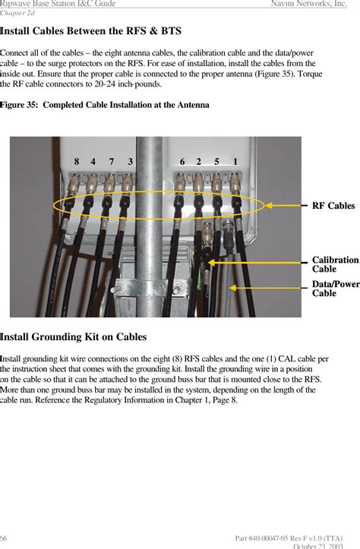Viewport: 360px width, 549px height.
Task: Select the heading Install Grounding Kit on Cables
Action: coord(74,336)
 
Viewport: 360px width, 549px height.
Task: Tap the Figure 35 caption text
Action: coord(105,104)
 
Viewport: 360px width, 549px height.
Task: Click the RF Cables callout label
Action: coord(333,206)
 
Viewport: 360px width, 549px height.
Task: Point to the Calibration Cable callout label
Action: coord(335,264)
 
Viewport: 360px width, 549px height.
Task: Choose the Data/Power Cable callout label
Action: coord(336,289)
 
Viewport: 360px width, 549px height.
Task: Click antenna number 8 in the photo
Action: coord(77,162)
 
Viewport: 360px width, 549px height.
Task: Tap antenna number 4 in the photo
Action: coord(93,162)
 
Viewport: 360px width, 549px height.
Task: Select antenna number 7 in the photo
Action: coord(112,162)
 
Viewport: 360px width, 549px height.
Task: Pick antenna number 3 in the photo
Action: coord(131,162)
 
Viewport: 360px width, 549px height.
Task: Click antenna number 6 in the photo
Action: coord(182,162)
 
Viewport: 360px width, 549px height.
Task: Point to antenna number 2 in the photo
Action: coord(199,162)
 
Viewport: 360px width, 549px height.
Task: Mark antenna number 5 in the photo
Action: coord(217,162)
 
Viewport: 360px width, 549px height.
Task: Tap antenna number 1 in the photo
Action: coord(236,162)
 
